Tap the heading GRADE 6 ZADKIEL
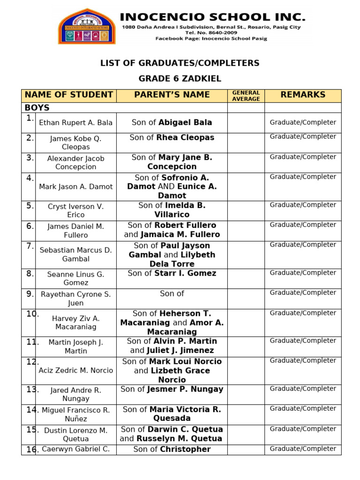[x=180, y=78]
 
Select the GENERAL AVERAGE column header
[x=246, y=96]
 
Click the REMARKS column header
[x=303, y=95]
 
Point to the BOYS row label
[x=37, y=108]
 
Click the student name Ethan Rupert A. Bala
[x=75, y=123]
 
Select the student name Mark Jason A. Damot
[x=75, y=187]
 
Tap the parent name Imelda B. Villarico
[x=172, y=210]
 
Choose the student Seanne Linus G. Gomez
[x=75, y=278]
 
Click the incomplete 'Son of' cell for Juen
[x=172, y=293]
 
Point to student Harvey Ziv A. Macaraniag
[x=75, y=322]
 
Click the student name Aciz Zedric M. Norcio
[x=75, y=370]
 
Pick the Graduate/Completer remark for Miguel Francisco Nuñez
[x=303, y=409]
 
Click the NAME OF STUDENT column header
[x=69, y=95]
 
